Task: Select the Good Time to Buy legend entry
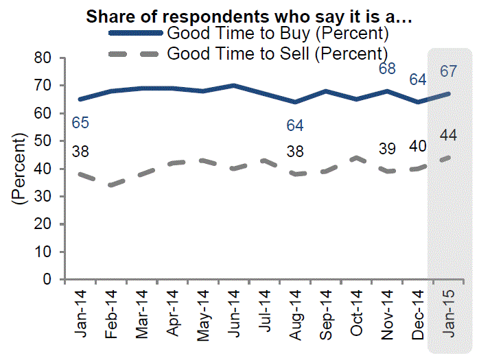point(278,33)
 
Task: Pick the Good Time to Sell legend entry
point(277,52)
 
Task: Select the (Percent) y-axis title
point(19,169)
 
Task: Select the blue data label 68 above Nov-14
point(388,69)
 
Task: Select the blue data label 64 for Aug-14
point(296,125)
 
